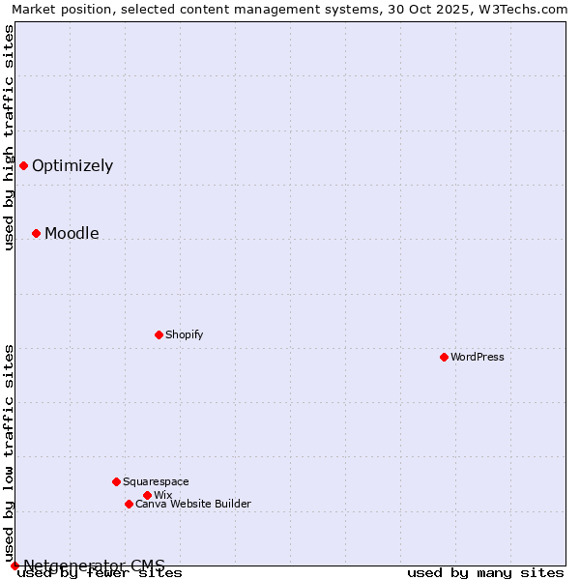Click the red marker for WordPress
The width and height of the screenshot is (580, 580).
(444, 357)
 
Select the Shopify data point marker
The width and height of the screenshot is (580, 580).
(159, 334)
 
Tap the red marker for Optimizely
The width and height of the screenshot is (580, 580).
(23, 165)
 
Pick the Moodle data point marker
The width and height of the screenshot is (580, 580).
(36, 233)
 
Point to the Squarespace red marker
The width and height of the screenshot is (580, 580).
(116, 481)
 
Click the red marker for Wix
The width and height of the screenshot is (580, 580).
(147, 495)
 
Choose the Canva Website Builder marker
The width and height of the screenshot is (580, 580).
(129, 504)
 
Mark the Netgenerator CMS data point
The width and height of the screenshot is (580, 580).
(14, 565)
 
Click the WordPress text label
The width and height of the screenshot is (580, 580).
(478, 357)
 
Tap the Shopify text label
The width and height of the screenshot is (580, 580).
(184, 334)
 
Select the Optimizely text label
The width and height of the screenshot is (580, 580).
(72, 165)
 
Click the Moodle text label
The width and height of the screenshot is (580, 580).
(72, 233)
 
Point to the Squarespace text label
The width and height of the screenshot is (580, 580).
(156, 481)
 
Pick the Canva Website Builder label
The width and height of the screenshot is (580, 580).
(193, 504)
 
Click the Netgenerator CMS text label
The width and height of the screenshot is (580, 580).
(94, 565)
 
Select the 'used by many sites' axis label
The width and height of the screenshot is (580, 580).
(485, 572)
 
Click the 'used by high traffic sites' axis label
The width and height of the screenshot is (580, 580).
(9, 137)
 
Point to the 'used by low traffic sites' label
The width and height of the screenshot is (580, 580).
(9, 452)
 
